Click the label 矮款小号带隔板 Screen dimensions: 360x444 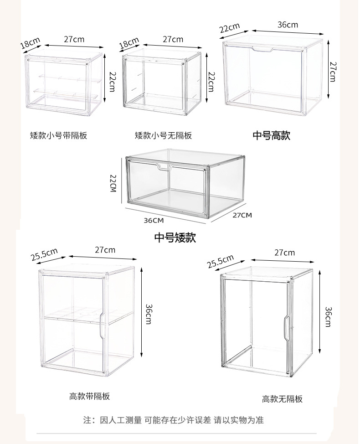(58, 135)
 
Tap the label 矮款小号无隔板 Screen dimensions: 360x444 (163, 135)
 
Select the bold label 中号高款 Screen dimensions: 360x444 (272, 135)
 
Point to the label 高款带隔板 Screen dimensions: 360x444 (90, 396)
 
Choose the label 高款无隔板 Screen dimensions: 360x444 (282, 399)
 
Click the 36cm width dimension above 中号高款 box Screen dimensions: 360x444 (288, 25)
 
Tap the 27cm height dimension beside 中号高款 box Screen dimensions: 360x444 (333, 72)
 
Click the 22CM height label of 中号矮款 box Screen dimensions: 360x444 (113, 183)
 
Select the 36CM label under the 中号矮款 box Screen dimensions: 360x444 (154, 221)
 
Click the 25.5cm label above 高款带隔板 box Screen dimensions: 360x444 (44, 254)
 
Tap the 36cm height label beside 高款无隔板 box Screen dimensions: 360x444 (327, 316)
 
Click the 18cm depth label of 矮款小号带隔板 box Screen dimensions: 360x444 (30, 44)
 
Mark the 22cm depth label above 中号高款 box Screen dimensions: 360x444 (230, 28)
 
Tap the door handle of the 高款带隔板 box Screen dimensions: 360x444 (103, 325)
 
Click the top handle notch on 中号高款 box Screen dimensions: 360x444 (264, 49)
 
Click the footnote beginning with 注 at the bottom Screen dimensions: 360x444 (174, 420)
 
